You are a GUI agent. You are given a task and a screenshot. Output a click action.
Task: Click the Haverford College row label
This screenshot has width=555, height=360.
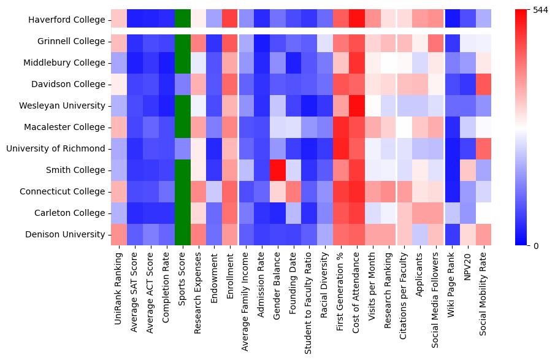point(67,20)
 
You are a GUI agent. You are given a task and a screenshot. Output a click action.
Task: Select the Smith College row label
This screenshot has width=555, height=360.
point(77,170)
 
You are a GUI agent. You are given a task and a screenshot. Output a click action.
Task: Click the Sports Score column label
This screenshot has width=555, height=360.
point(183,277)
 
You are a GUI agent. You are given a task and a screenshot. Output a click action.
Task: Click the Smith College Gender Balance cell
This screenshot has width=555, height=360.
point(278,170)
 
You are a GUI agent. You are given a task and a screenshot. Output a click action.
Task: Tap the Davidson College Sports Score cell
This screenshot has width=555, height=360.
point(183,84)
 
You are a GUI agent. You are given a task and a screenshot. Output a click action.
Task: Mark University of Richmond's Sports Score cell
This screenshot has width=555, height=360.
point(183,148)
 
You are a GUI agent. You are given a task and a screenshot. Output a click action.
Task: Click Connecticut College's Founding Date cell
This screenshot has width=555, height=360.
point(294,191)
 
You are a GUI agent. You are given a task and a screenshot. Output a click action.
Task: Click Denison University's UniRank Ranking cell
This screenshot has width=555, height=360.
point(119,234)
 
